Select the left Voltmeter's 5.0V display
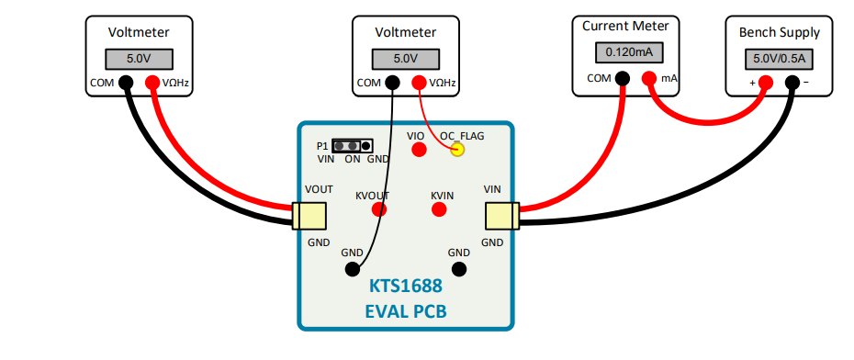138,59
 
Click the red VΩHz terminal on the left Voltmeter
152,83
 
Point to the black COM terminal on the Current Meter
623,78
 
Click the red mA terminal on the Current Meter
649,78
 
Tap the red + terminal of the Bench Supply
765,83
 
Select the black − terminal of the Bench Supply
792,83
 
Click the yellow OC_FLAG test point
456,150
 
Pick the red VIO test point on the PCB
418,150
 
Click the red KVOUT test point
378,209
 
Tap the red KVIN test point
440,209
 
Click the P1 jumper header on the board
352,146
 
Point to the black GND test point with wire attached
352,269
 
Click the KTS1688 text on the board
405,287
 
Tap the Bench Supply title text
780,32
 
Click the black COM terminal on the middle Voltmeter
393,83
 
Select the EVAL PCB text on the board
405,311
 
